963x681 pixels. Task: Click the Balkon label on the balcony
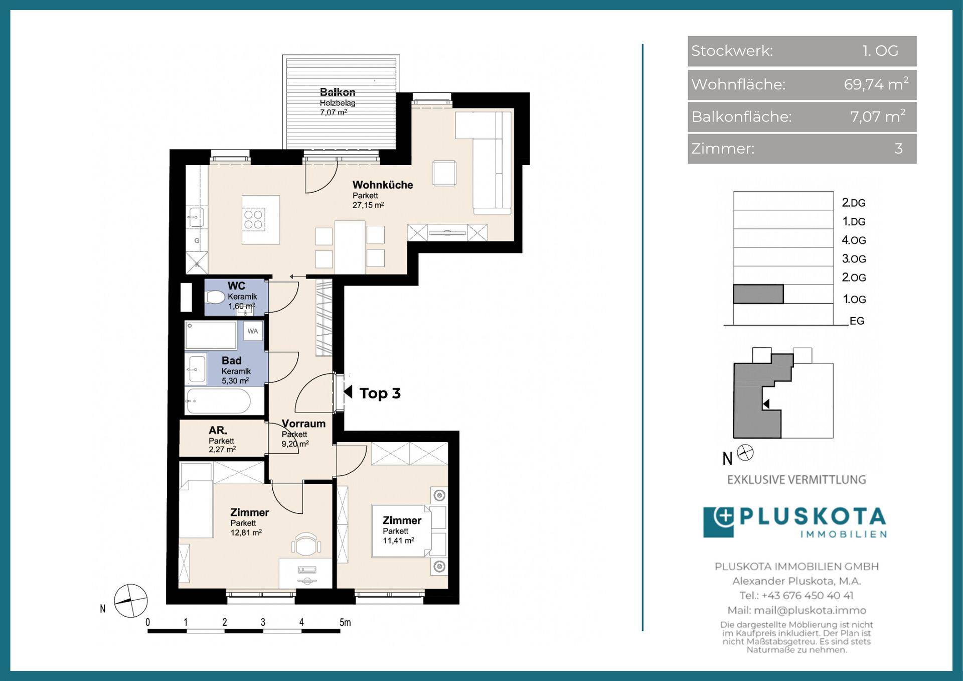(x=338, y=92)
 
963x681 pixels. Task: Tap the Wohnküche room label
(x=383, y=185)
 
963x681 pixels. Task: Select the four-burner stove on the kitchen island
(x=253, y=219)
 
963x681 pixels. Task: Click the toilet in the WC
(x=216, y=297)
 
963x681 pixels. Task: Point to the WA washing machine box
(x=253, y=331)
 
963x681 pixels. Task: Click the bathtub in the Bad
(x=218, y=401)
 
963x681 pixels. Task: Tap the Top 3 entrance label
(x=380, y=393)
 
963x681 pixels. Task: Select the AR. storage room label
(x=218, y=430)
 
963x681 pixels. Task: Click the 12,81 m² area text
(x=246, y=532)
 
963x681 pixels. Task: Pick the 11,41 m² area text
(x=398, y=540)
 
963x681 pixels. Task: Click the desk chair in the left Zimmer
(x=306, y=544)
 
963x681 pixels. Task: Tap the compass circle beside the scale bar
(x=131, y=601)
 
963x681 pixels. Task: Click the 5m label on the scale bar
(x=345, y=622)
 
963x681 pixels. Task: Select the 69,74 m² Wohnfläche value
(x=876, y=84)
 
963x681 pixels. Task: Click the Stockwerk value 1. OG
(x=880, y=51)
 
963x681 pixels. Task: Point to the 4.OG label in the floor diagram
(x=854, y=240)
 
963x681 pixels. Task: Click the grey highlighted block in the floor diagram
(x=758, y=294)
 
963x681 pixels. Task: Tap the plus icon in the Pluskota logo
(x=724, y=517)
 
